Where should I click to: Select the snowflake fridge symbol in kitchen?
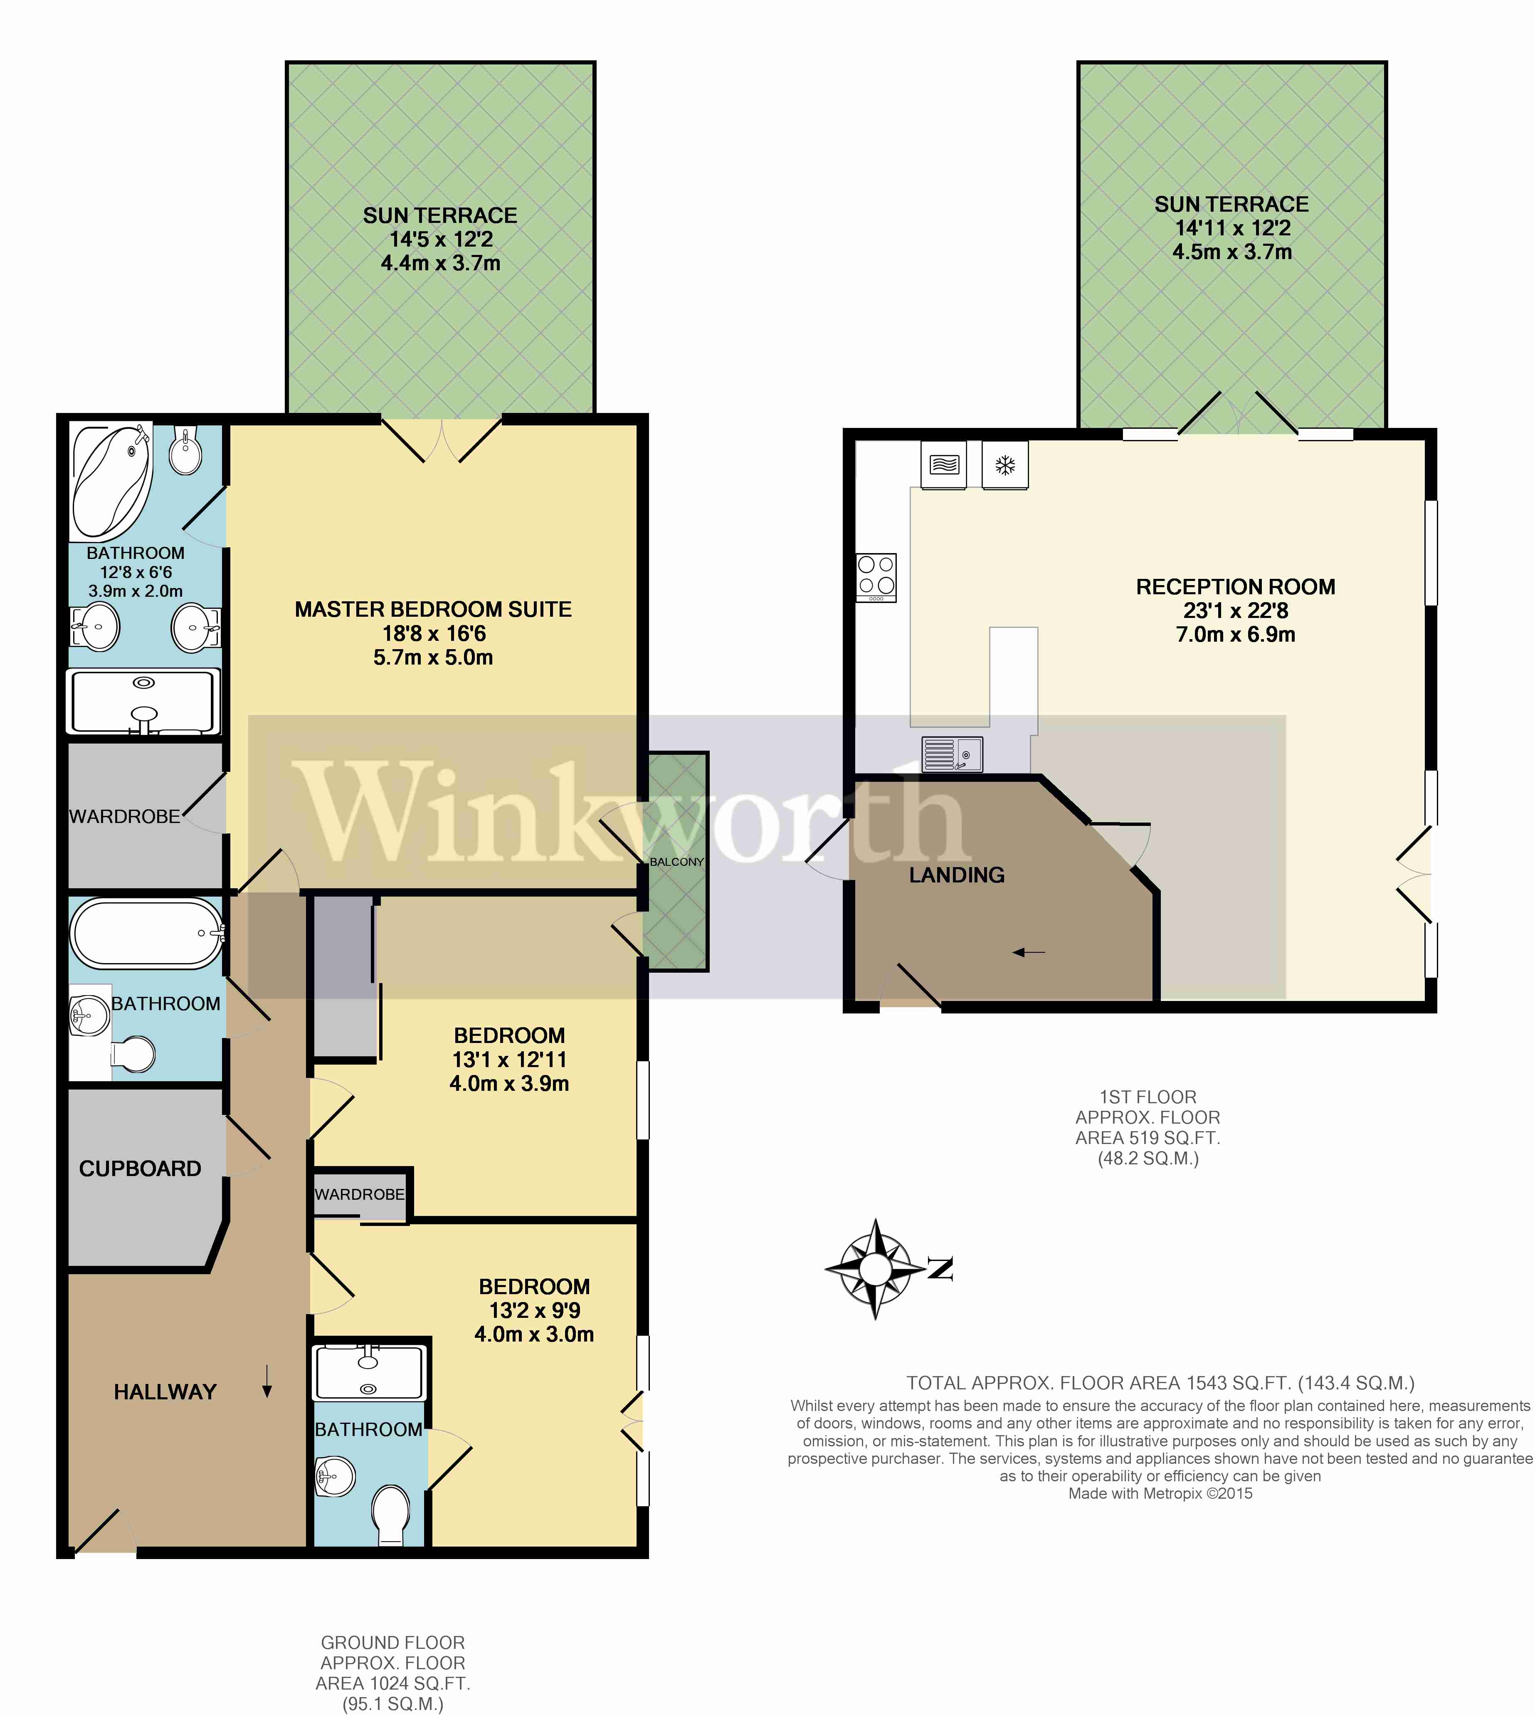click(x=1004, y=465)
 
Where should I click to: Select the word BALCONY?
click(x=676, y=861)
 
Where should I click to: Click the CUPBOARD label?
click(x=140, y=1169)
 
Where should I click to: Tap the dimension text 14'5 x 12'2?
click(x=440, y=240)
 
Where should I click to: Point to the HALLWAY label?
click(x=165, y=1392)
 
